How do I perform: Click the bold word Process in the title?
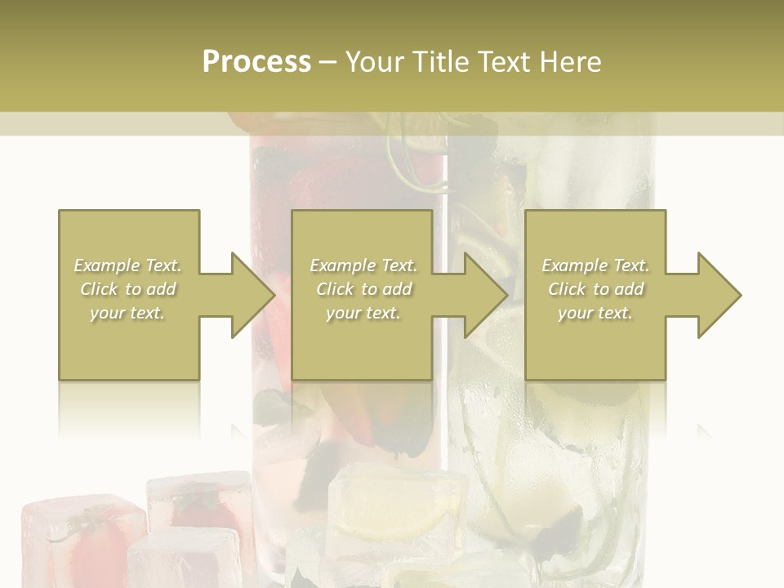pyautogui.click(x=256, y=62)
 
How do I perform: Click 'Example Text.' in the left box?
pyautogui.click(x=128, y=265)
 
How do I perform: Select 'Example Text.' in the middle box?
pyautogui.click(x=363, y=265)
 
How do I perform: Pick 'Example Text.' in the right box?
pyautogui.click(x=595, y=265)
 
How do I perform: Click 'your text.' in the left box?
pyautogui.click(x=127, y=313)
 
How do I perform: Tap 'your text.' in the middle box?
pyautogui.click(x=363, y=313)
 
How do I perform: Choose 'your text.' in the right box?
pyautogui.click(x=595, y=313)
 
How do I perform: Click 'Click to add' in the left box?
pyautogui.click(x=128, y=289)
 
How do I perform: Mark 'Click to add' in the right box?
pyautogui.click(x=596, y=289)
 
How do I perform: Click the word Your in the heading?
pyautogui.click(x=375, y=62)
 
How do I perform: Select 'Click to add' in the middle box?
pyautogui.click(x=363, y=289)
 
